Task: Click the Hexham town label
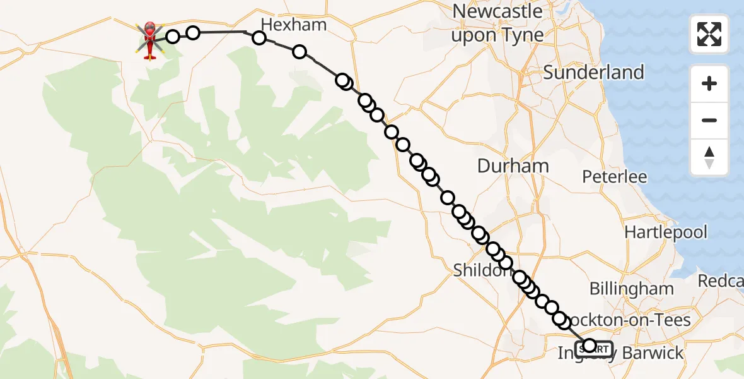point(293,25)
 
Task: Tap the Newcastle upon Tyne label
point(497,23)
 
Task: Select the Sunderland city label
point(593,72)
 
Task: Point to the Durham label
point(513,166)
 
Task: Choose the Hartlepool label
point(666,232)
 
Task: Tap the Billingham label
point(631,289)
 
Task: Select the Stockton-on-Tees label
point(631,320)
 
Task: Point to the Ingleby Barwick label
point(620,353)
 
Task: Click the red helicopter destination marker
point(150,40)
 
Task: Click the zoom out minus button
point(709,120)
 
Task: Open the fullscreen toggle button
point(709,34)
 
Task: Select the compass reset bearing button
point(709,157)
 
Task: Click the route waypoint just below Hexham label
point(259,38)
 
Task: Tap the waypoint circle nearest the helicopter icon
point(173,36)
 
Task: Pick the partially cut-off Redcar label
point(720,280)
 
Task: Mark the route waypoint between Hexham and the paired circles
point(299,52)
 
